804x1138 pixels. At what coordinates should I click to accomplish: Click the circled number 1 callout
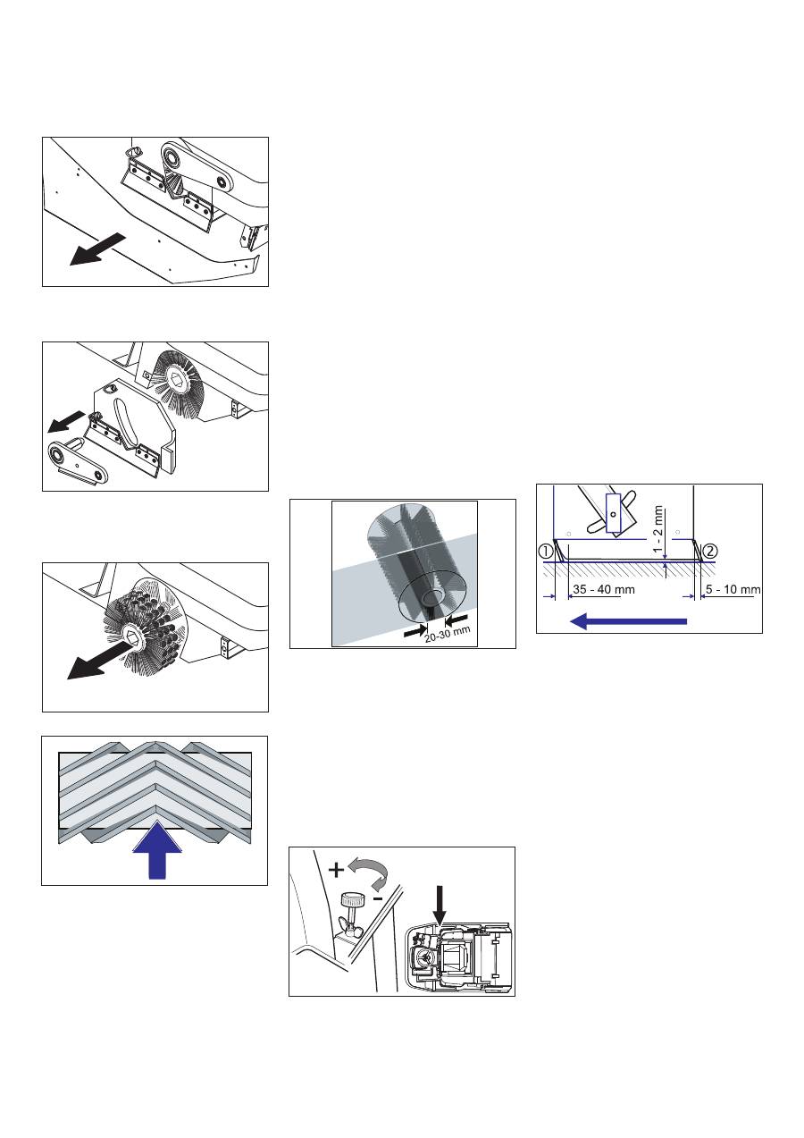click(546, 552)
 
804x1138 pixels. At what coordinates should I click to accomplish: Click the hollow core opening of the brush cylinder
click(433, 596)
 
